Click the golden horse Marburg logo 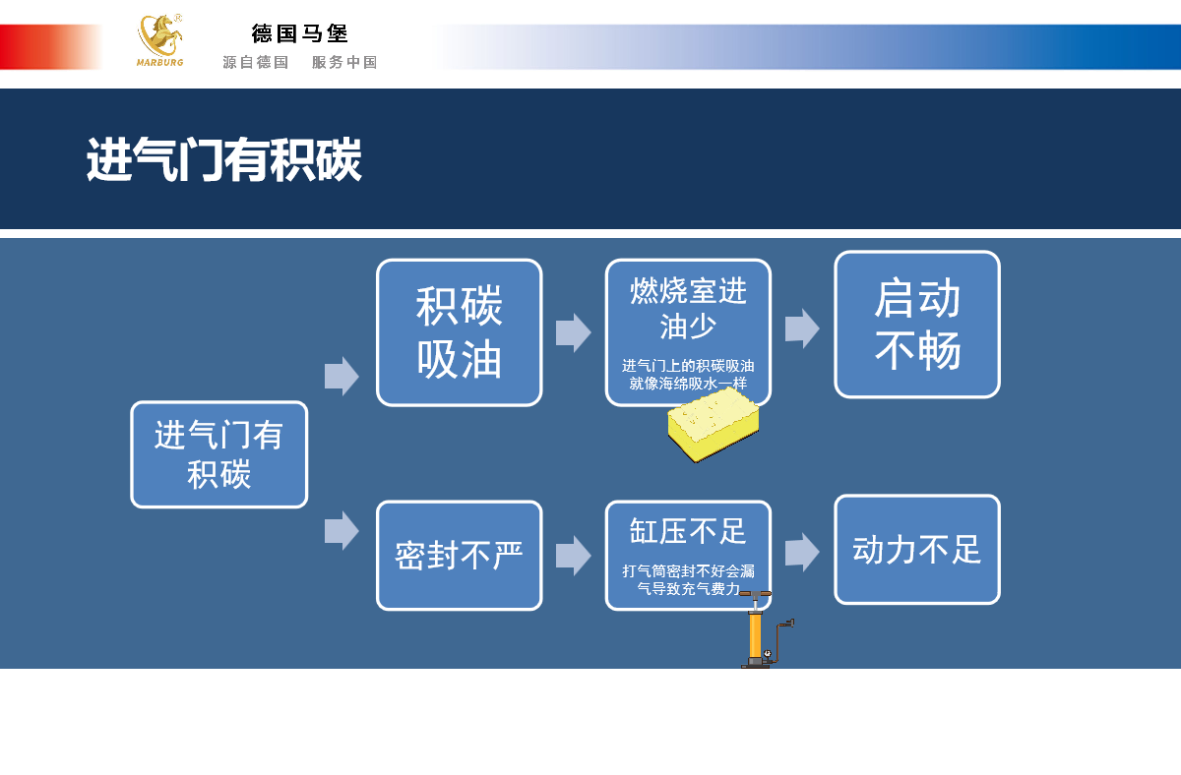click(x=159, y=39)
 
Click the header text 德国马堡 click(x=300, y=33)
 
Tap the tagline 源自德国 click(x=256, y=62)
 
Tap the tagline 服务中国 click(x=344, y=62)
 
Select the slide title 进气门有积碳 click(x=224, y=160)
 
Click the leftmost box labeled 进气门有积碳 click(x=219, y=454)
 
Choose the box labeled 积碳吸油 click(x=460, y=332)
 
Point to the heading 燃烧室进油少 click(x=688, y=307)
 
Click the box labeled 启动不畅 click(x=917, y=325)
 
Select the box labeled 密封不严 click(x=460, y=556)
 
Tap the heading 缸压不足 click(x=688, y=531)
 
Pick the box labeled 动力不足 click(x=917, y=549)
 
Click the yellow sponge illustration click(x=714, y=425)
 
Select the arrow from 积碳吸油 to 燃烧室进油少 click(x=573, y=332)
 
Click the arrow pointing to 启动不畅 click(x=802, y=328)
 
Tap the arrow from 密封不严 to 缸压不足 click(x=573, y=556)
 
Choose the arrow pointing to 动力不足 click(x=802, y=552)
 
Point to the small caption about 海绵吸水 click(x=688, y=375)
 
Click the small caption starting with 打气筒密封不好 click(x=688, y=579)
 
